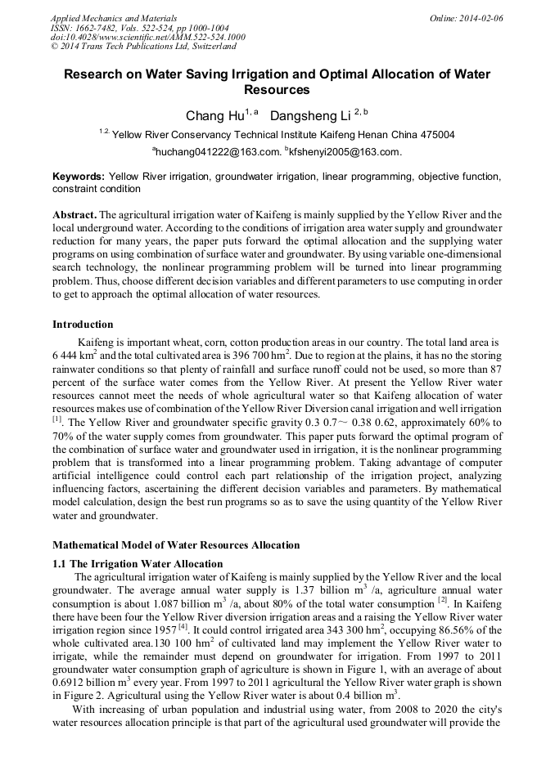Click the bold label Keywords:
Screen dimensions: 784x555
coord(79,177)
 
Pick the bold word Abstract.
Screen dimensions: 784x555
coord(74,214)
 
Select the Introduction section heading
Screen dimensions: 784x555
coord(83,325)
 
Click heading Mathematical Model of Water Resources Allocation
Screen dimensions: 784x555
coord(176,545)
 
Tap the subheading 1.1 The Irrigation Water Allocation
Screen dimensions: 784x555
coord(138,564)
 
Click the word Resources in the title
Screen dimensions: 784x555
coord(277,90)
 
